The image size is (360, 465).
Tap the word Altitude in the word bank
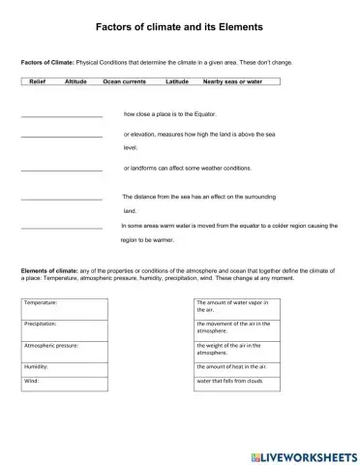pos(75,82)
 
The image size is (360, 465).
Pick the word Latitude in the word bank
pos(177,82)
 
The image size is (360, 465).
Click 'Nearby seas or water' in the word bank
pos(232,82)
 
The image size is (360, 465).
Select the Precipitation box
pos(65,327)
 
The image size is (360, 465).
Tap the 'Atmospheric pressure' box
pos(65,349)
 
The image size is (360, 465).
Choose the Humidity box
pos(65,368)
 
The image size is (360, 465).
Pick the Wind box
pos(65,384)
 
